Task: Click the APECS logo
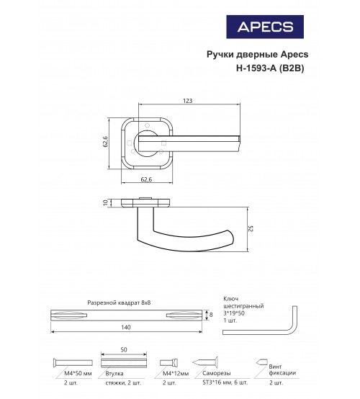pos(265,27)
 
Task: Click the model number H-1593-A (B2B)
pos(270,68)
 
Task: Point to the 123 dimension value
pos(187,101)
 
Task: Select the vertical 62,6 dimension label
pos(105,141)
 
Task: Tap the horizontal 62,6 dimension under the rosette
pos(146,179)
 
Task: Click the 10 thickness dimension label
pos(105,203)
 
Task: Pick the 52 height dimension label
pos(251,228)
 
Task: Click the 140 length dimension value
pos(126,327)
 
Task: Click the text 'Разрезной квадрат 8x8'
pos(119,302)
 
